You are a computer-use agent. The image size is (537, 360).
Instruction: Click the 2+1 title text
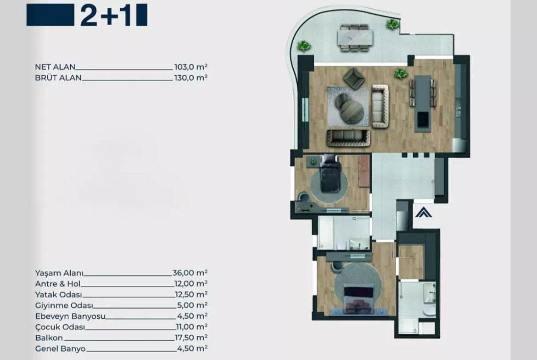[106, 16]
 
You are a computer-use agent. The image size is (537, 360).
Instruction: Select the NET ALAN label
[55, 67]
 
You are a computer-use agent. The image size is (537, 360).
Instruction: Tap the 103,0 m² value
[191, 67]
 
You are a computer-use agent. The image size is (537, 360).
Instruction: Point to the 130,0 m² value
[191, 78]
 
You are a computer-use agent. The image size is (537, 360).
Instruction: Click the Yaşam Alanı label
[59, 273]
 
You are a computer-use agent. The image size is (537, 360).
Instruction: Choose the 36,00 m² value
[190, 273]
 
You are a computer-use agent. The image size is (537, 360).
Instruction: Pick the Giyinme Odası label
[64, 305]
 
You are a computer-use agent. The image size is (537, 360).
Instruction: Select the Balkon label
[49, 338]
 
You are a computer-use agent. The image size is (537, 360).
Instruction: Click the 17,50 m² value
[191, 338]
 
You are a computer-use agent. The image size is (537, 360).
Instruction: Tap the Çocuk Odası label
[60, 327]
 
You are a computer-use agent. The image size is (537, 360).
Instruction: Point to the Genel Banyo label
[60, 349]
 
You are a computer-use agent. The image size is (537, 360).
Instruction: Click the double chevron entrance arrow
[424, 212]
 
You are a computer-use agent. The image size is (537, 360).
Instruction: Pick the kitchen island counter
[423, 103]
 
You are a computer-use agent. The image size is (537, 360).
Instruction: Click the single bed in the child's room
[330, 173]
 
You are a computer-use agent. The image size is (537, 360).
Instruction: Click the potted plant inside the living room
[400, 73]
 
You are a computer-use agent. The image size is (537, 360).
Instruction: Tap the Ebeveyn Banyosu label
[70, 316]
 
